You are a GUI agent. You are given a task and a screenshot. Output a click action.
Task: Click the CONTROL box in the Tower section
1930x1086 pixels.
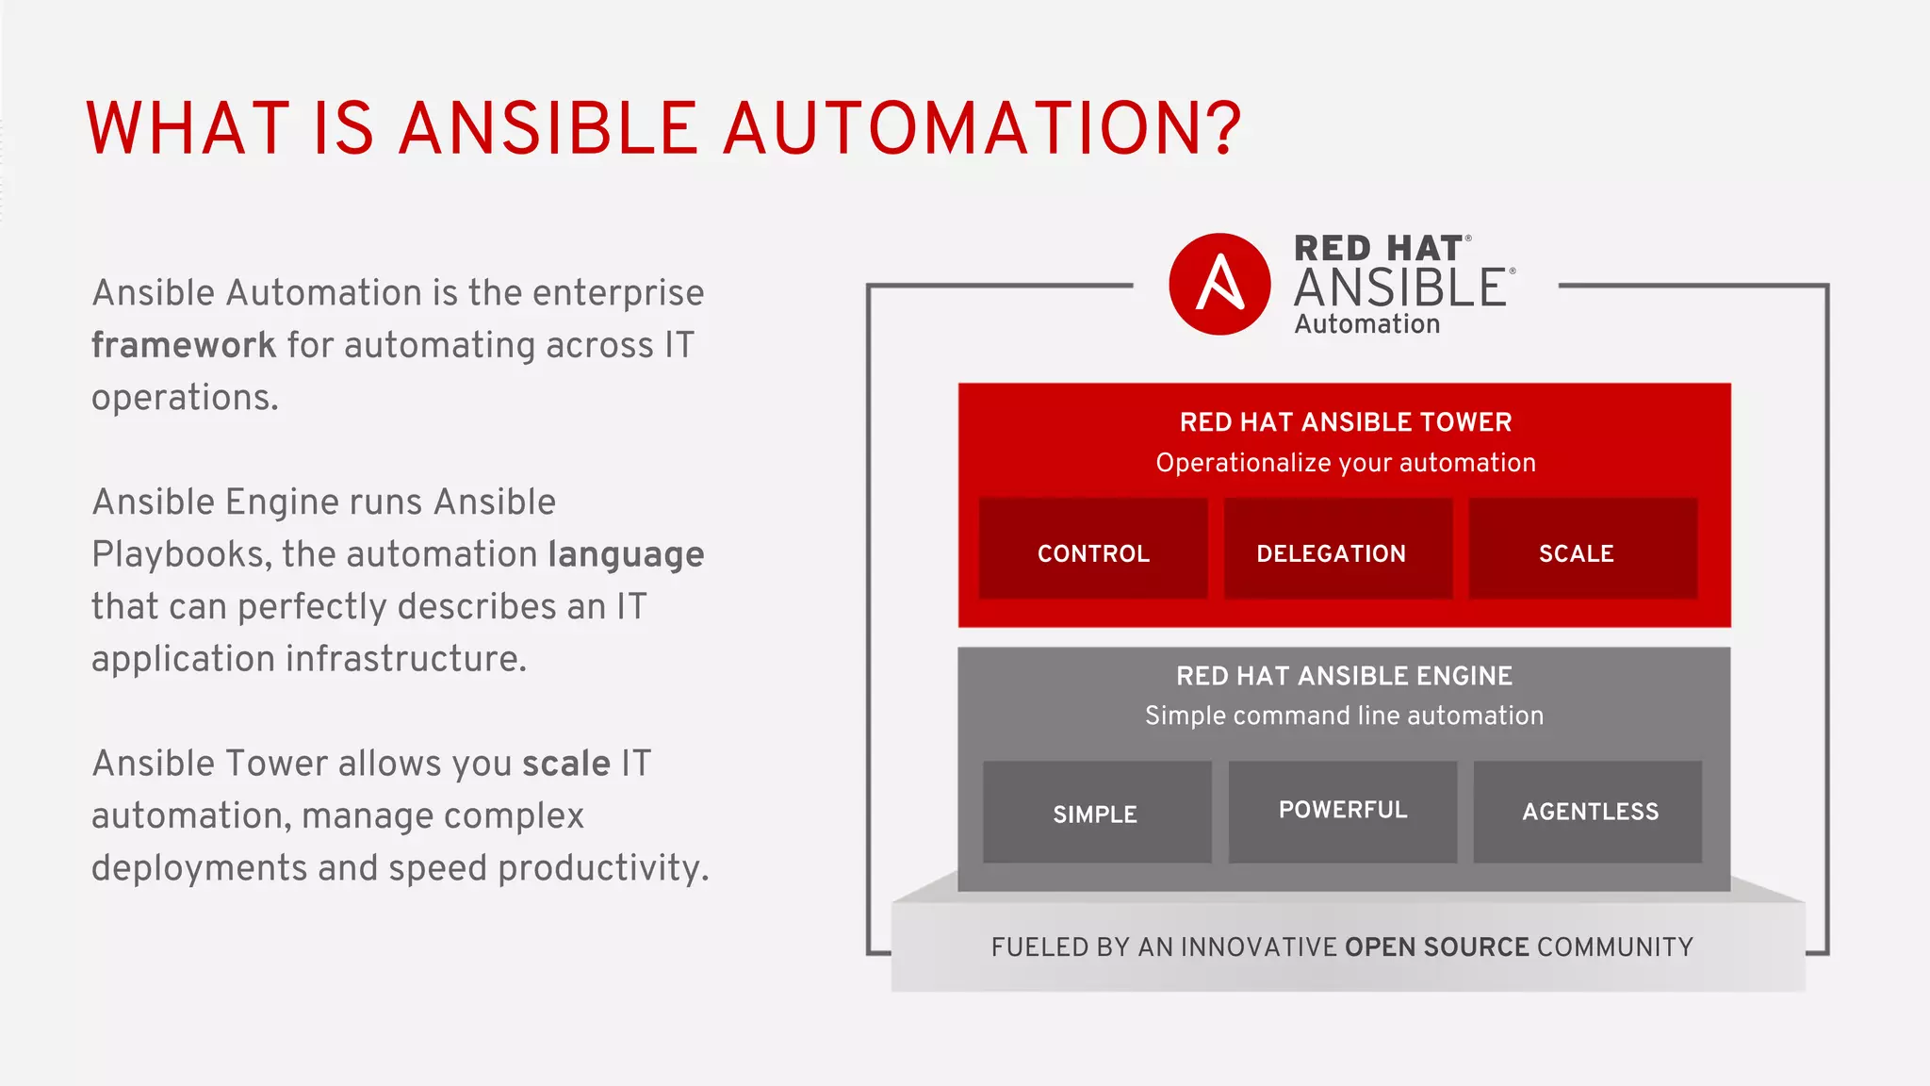click(x=1093, y=550)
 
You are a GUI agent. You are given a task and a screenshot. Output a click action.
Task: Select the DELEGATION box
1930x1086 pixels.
click(x=1337, y=550)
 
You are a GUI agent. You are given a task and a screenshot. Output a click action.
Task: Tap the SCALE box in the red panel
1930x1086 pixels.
click(x=1582, y=550)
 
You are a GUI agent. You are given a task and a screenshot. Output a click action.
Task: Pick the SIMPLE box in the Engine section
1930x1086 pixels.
click(x=1097, y=812)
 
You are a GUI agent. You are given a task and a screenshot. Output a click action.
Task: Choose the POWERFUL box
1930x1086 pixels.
click(x=1342, y=812)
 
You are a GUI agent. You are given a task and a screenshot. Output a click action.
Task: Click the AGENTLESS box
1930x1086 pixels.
click(x=1588, y=812)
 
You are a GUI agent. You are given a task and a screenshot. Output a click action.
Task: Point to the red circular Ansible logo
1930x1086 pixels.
click(x=1219, y=284)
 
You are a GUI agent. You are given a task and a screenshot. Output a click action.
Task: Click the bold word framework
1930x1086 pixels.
click(x=184, y=346)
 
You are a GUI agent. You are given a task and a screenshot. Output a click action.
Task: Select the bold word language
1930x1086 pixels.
click(x=626, y=555)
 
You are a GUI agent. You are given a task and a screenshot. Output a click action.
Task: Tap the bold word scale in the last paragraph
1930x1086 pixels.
click(x=566, y=764)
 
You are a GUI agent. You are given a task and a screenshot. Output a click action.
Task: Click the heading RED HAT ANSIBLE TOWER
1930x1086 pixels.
click(x=1345, y=422)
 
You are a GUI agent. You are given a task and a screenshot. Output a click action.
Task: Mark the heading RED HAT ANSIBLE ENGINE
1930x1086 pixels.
click(x=1344, y=676)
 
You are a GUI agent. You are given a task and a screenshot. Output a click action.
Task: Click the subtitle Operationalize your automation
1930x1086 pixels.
click(x=1345, y=463)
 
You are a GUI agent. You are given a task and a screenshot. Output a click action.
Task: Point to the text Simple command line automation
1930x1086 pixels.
click(x=1344, y=716)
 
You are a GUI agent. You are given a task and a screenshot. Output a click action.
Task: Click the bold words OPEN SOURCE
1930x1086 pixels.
click(x=1436, y=947)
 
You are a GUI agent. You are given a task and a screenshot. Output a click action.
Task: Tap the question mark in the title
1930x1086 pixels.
click(x=1222, y=129)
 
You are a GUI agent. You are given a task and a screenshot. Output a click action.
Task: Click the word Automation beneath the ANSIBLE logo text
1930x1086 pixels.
click(x=1366, y=324)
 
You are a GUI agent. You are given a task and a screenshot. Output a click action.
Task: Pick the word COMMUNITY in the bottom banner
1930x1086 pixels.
click(x=1614, y=947)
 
